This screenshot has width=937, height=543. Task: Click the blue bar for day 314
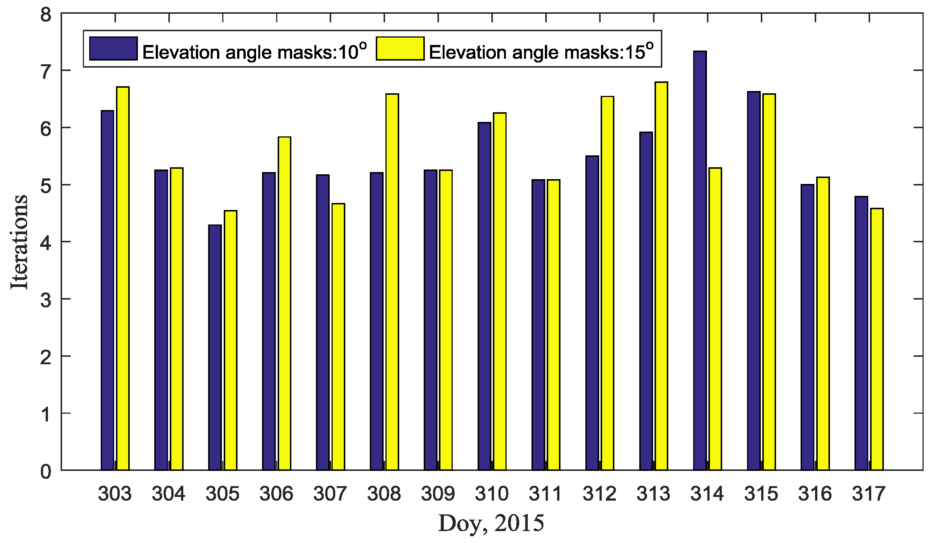click(x=700, y=260)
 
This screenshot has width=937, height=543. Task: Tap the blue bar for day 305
click(x=215, y=348)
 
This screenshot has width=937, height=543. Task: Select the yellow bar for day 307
click(x=338, y=337)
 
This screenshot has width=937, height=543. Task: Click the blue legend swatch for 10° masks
click(x=113, y=48)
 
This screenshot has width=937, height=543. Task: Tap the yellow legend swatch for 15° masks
click(x=400, y=48)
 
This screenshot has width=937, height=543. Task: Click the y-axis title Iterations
click(x=19, y=242)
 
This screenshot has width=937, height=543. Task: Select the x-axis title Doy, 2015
click(x=491, y=523)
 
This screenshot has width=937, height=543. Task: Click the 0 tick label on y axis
click(x=46, y=472)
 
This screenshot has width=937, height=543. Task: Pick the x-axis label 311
click(x=545, y=494)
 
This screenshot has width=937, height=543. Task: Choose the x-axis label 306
click(x=276, y=494)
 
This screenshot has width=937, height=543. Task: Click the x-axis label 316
click(x=814, y=494)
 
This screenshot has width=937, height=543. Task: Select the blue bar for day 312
click(x=592, y=313)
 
